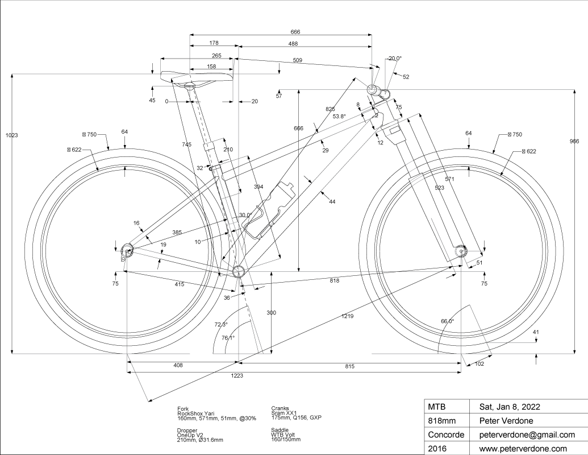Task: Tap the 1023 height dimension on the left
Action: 11,135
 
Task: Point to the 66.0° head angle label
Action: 448,321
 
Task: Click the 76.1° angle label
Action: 228,338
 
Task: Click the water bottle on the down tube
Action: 273,210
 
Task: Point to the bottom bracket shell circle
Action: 238,270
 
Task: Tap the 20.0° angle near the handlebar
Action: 395,58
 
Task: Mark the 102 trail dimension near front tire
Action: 479,365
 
